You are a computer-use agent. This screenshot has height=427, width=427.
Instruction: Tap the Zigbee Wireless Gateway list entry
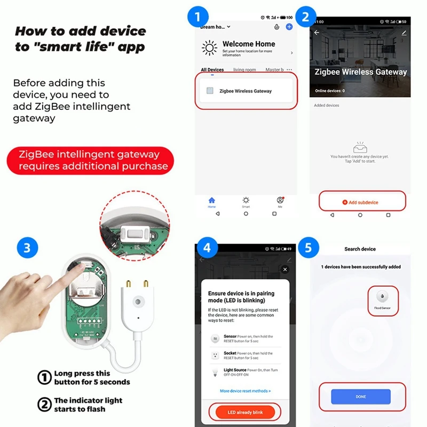tap(245, 91)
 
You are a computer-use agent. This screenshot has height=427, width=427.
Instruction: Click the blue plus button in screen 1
tap(289, 27)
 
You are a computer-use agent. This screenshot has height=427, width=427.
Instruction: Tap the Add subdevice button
tap(362, 202)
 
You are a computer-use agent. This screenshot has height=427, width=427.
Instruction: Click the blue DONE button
tap(360, 397)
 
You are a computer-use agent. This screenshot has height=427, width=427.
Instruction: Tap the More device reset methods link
tap(245, 391)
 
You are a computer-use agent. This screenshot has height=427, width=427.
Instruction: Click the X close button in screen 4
tap(284, 270)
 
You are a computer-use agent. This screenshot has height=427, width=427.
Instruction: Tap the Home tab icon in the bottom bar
tap(212, 200)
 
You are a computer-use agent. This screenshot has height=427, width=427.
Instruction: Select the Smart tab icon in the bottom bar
tap(246, 200)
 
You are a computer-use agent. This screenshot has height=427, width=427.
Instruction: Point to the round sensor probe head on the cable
tap(139, 302)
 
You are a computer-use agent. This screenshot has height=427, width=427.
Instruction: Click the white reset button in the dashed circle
tap(132, 233)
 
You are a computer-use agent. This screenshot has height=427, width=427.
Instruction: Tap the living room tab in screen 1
tap(244, 70)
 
